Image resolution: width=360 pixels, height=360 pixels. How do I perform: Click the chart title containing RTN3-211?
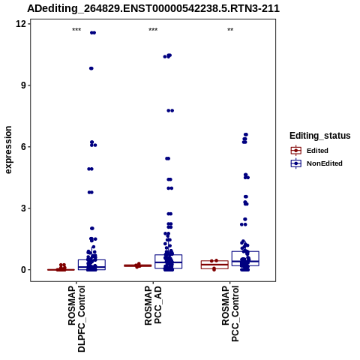coord(153,8)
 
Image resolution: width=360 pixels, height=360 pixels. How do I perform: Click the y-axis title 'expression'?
coord(8,150)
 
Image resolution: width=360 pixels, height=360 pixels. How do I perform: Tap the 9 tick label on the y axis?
coord(24,85)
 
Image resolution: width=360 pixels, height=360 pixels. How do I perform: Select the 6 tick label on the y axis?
coord(24,147)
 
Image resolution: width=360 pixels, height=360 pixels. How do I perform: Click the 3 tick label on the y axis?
coord(24,208)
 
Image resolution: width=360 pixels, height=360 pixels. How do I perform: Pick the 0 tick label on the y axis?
coord(24,270)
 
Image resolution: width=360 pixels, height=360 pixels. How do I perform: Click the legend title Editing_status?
coord(320,136)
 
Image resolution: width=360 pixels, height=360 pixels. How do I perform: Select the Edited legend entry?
coord(310,151)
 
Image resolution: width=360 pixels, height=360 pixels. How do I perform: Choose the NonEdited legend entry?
coord(316,163)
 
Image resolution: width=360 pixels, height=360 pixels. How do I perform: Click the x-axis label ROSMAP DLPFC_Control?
coord(76,319)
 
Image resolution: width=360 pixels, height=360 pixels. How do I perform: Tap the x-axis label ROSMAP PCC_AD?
coord(153,305)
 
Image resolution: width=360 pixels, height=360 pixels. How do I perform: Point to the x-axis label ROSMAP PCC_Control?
coord(230,313)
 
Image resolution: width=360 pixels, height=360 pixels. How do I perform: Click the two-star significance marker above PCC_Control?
coord(230,30)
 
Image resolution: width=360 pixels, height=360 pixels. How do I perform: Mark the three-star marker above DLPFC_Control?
coord(76,30)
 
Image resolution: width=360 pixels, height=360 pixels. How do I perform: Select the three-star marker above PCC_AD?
coord(153,30)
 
